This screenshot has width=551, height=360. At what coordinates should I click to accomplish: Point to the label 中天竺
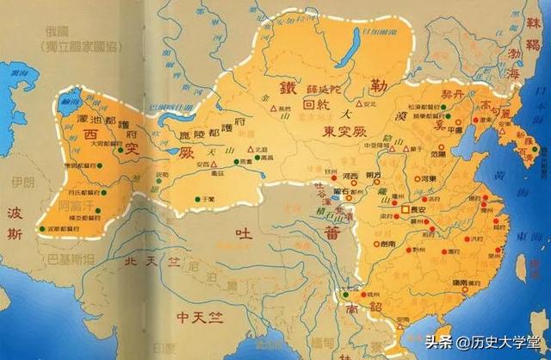[x=198, y=317]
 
